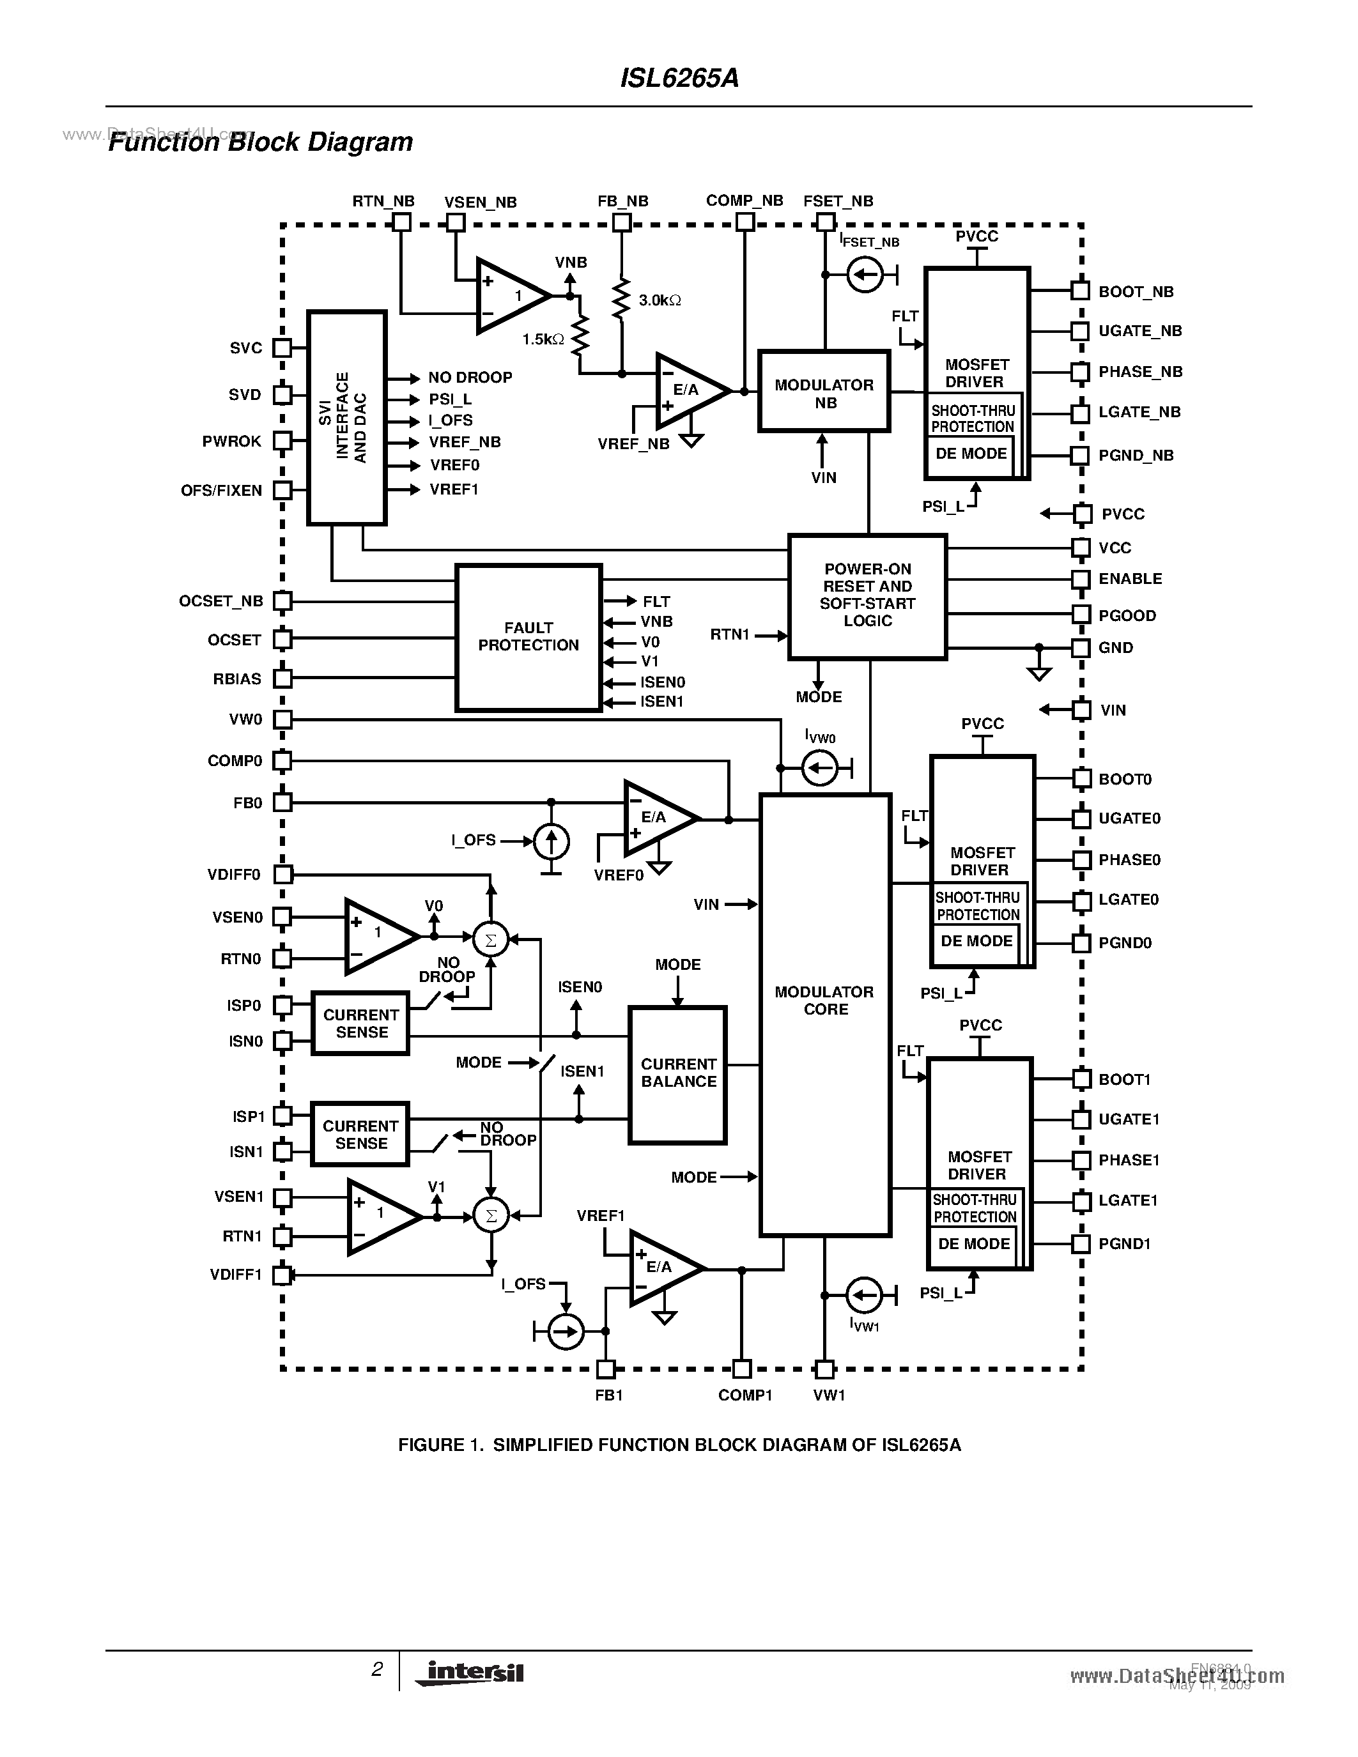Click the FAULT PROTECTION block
click(x=528, y=637)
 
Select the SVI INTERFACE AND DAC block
click(x=347, y=418)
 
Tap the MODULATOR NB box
click(x=824, y=392)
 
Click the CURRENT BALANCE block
click(x=677, y=1074)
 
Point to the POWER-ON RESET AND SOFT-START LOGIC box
click(x=867, y=596)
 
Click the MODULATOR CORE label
click(x=824, y=1001)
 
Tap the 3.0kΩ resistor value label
click(x=660, y=300)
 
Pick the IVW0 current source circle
click(x=820, y=769)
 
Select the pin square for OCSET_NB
click(x=282, y=601)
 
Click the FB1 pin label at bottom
click(x=608, y=1395)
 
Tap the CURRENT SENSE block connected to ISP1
click(x=360, y=1134)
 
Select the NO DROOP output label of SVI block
click(x=470, y=378)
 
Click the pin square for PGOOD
click(x=1081, y=615)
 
